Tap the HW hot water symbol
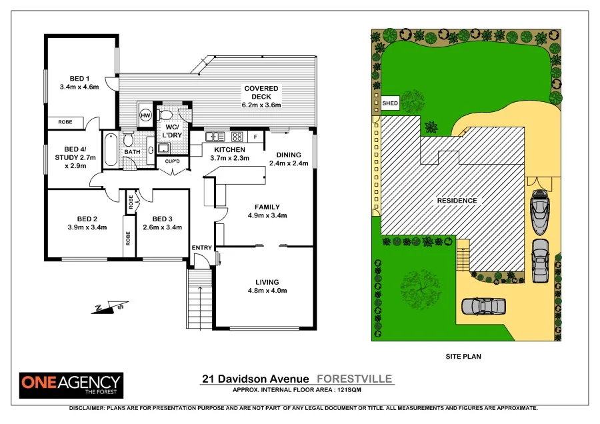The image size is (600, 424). tap(145, 115)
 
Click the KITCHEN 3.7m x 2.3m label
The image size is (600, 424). tap(229, 154)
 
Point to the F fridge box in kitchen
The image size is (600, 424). tap(255, 137)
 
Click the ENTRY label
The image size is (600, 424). tap(201, 248)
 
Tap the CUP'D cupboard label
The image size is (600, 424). tap(172, 161)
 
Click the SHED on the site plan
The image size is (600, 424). tap(390, 103)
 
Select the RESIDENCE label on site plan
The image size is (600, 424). tap(457, 201)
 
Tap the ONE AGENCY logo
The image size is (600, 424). tap(71, 383)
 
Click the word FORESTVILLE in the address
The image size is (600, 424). tap(354, 379)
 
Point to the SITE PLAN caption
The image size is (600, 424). tap(463, 357)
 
